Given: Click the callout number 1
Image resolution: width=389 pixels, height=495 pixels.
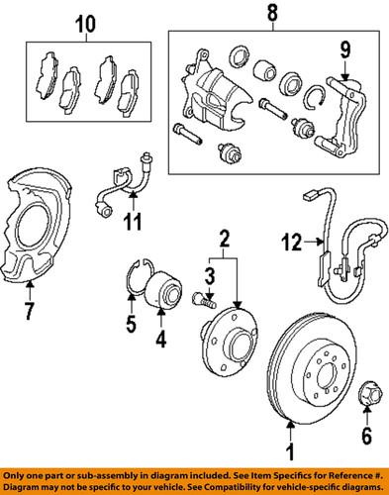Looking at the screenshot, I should click(290, 456).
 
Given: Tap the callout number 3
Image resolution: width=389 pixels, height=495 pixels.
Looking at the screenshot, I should click(211, 274).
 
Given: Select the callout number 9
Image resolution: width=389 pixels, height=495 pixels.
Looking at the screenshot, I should click(346, 48).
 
